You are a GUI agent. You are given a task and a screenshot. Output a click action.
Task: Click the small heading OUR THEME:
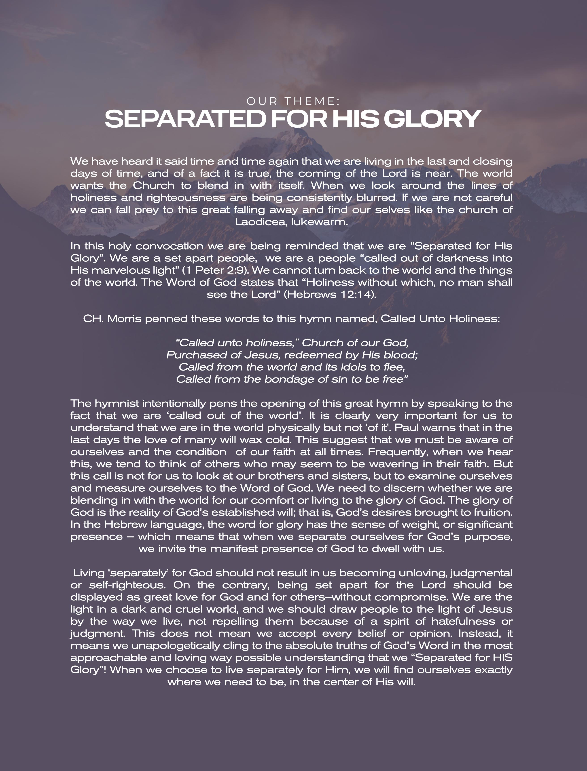coord(293,101)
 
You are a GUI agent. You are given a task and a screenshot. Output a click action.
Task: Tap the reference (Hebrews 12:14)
coord(330,294)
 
